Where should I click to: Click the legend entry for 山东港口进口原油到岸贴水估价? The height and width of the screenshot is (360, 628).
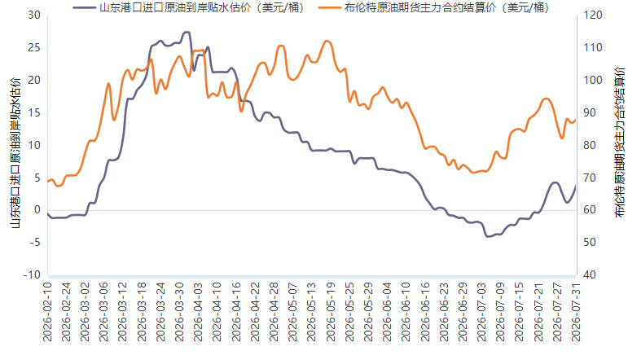coord(188,7)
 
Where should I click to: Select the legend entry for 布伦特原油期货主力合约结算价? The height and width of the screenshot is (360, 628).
coord(433,7)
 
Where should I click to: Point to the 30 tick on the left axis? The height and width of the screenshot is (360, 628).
coord(34,15)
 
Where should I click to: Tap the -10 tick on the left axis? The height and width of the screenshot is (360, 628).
coord(32,275)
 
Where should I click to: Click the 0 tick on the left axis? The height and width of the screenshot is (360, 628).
coord(37,210)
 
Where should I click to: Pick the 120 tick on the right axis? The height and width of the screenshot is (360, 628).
coord(593,15)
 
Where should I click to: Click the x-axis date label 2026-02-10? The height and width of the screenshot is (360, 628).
coord(48,312)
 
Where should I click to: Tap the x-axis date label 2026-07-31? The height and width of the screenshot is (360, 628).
coord(576,312)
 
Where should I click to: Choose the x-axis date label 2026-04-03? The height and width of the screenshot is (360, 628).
coord(199,312)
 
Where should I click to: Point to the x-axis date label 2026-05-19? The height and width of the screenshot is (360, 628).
coord(331,312)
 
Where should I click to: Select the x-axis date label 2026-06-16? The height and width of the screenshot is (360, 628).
coord(425,312)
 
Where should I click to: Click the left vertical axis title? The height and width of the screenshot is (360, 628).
coord(15,152)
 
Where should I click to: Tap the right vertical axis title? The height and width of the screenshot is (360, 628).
coord(619,143)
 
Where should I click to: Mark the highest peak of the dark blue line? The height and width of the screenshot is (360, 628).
coord(187,32)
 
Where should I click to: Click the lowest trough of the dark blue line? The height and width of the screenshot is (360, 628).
coord(488,237)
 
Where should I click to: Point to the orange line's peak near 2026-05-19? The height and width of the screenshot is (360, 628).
coord(327,41)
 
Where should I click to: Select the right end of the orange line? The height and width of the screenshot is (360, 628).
coord(576,120)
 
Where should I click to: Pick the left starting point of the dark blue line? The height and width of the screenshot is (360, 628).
coord(48,214)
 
